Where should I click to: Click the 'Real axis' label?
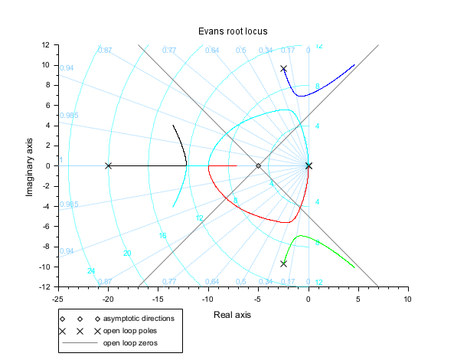(233, 315)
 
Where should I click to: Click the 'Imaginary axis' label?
(31, 165)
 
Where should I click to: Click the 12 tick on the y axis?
(46, 45)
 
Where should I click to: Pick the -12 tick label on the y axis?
(44, 286)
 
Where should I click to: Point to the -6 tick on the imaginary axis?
(46, 226)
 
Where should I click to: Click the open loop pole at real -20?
(108, 165)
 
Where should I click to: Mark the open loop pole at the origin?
(309, 165)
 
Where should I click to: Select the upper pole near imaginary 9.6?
(283, 69)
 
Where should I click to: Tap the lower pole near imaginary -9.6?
(283, 263)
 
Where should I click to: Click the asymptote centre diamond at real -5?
(258, 165)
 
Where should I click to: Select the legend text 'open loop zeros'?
(131, 342)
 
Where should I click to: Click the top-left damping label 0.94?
(67, 68)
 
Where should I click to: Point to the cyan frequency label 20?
(127, 253)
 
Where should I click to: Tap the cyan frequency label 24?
(91, 271)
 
